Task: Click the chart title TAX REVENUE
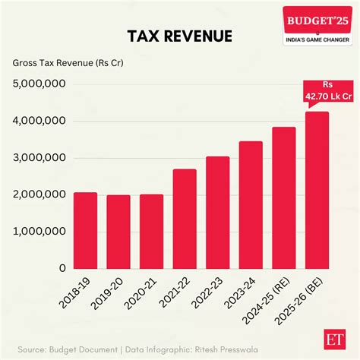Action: [x=180, y=37]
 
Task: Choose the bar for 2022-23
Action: [x=217, y=213]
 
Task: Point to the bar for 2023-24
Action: [x=250, y=205]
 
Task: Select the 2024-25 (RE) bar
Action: [x=283, y=197]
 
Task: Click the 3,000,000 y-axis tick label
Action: [x=39, y=158]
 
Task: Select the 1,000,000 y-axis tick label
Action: [x=39, y=232]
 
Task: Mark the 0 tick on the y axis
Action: [x=62, y=268]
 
